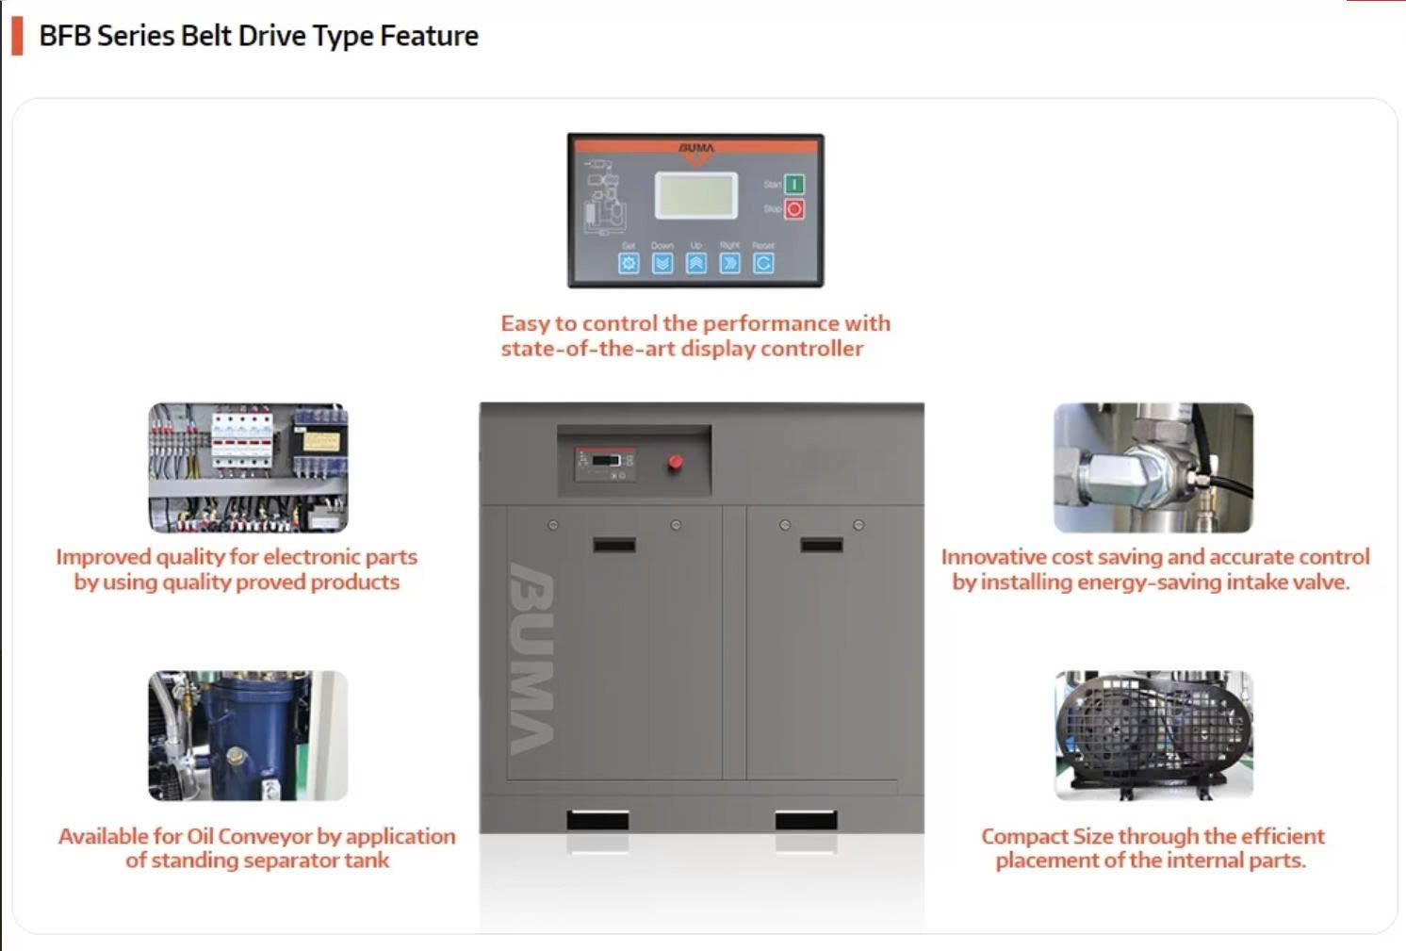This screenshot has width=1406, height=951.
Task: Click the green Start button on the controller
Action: pos(793,184)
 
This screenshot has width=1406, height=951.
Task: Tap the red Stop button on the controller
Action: pos(793,209)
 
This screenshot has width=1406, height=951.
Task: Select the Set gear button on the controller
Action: pos(629,263)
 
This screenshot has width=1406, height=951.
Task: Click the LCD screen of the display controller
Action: pos(696,195)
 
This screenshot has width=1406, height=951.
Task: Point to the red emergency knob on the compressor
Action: pos(675,462)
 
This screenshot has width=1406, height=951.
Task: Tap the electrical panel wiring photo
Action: pos(248,467)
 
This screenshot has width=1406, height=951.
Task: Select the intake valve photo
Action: pos(1153,467)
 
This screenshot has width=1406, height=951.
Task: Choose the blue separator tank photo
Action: pos(248,735)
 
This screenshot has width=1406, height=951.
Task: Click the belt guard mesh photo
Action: pos(1153,735)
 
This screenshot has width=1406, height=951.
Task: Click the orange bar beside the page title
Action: pos(17,36)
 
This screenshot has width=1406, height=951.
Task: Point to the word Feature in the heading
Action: pos(429,36)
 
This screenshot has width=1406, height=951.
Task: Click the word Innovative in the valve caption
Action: pos(992,557)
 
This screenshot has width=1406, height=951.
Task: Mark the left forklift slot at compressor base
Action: pos(597,820)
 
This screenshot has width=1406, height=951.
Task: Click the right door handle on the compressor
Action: pos(822,545)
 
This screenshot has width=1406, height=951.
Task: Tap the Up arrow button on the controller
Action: pos(695,263)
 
